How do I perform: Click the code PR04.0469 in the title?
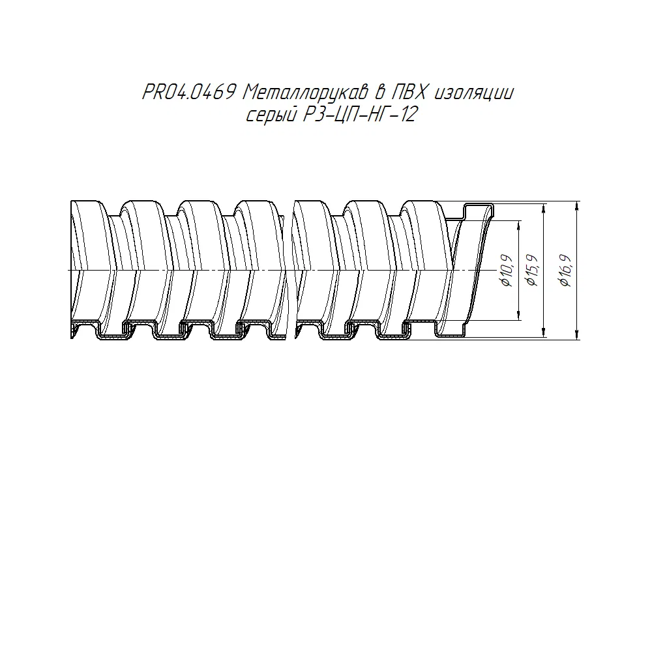click(x=189, y=93)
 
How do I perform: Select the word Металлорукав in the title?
click(x=306, y=93)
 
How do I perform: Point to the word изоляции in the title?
click(x=473, y=93)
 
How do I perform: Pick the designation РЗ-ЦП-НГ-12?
click(x=359, y=114)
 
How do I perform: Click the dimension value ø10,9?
click(x=508, y=271)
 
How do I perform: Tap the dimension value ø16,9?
click(x=566, y=271)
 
